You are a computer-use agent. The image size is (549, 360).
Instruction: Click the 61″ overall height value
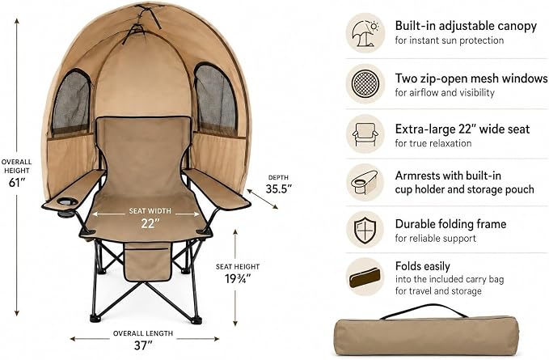15,183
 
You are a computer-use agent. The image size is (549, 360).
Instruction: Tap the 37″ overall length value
143,345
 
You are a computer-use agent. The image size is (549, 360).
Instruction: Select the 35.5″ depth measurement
279,189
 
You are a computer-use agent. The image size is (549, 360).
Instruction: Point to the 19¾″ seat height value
238,279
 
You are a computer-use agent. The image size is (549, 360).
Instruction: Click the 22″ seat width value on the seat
150,223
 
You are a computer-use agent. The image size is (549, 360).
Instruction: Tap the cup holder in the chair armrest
67,202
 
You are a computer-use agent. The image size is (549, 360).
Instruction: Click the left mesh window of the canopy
71,102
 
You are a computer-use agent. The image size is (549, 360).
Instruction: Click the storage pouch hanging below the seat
148,262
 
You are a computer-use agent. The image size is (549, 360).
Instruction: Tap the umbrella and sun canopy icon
365,33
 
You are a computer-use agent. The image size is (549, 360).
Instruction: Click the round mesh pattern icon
365,84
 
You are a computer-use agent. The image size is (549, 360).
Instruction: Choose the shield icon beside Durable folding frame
365,230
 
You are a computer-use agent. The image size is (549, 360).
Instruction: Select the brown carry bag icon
365,277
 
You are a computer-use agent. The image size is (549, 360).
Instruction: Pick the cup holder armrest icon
365,182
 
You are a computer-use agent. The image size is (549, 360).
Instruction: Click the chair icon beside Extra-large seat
365,134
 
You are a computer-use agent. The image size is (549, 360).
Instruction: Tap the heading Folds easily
423,266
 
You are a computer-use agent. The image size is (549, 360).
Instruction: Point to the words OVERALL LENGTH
143,333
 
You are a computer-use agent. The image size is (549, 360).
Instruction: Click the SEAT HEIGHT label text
238,266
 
